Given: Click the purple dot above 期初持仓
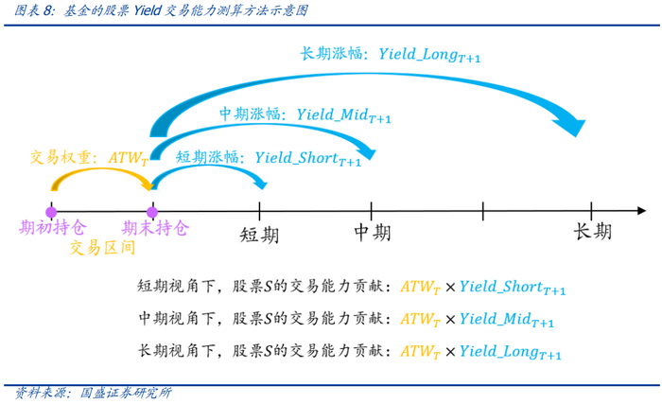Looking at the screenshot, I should coord(51,211).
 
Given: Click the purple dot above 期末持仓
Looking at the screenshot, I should coord(151,211).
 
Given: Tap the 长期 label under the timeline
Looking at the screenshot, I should coord(592,232).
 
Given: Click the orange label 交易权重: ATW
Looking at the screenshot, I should coord(89,157).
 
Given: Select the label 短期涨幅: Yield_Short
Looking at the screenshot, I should coord(269,158).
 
